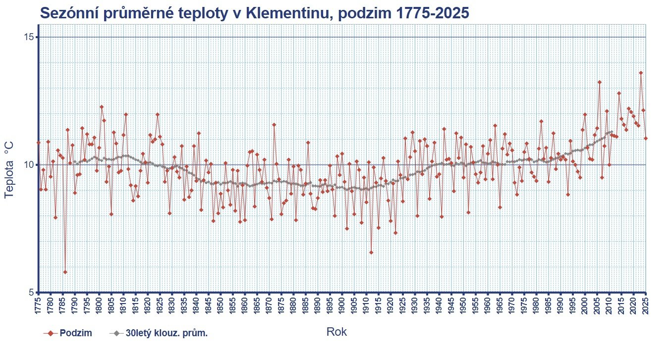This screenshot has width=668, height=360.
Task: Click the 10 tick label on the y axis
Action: point(29,165)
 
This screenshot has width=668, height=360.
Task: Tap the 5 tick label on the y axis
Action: point(32,292)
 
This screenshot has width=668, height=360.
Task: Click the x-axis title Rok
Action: point(336,332)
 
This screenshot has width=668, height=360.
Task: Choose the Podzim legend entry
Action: point(75,333)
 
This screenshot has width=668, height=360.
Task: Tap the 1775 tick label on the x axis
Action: point(38,306)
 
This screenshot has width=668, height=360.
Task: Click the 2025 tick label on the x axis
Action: point(646,306)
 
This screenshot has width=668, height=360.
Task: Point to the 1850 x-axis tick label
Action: point(221,306)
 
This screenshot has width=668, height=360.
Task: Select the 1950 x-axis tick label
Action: point(463,306)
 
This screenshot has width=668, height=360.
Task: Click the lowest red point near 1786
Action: point(65,272)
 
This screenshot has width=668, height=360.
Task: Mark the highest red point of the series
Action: point(641,73)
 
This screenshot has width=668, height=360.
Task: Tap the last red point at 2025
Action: point(646,138)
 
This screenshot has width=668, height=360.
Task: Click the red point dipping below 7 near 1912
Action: point(371,253)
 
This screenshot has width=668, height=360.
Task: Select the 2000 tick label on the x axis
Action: point(585,306)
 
